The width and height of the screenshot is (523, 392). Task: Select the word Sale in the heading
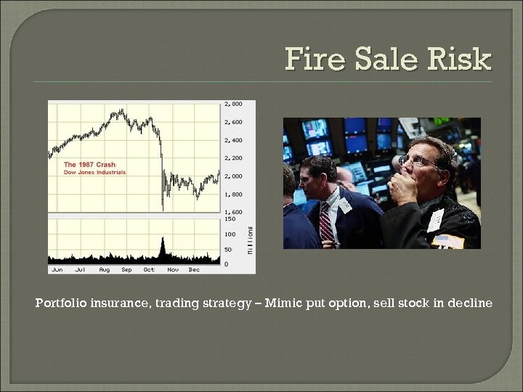click(387, 59)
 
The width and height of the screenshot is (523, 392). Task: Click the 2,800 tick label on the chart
click(234, 104)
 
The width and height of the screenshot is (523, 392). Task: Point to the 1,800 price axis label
click(234, 194)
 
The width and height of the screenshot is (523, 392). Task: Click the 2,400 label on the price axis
click(234, 139)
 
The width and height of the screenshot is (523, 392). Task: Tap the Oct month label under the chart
click(149, 269)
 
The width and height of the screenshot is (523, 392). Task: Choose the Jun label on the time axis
click(57, 269)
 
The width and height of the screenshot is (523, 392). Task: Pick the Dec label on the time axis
click(194, 269)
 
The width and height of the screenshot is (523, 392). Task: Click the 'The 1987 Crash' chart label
click(89, 164)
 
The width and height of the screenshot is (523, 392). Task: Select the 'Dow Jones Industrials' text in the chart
click(94, 172)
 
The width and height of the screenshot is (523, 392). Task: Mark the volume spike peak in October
click(163, 239)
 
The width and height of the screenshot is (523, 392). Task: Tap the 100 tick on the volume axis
click(230, 234)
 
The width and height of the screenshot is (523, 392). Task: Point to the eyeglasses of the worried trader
click(415, 162)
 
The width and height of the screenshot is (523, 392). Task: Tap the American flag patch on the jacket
click(447, 240)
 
